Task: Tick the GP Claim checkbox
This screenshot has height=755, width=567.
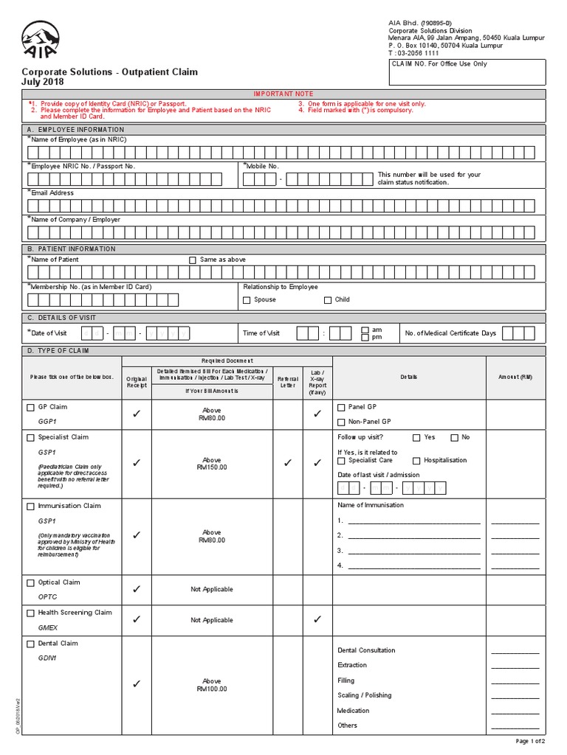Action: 30,407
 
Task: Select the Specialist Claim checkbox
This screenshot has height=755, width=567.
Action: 30,437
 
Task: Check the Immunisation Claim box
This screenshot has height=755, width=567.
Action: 30,507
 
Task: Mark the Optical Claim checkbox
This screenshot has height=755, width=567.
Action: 30,582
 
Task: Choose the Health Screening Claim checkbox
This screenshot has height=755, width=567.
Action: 30,613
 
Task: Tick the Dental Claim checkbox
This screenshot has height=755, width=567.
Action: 30,644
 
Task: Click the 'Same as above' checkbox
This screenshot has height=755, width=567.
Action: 193,260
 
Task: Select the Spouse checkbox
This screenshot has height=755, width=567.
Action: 247,300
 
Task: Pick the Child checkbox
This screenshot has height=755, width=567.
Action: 328,300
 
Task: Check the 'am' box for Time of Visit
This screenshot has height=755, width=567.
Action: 365,330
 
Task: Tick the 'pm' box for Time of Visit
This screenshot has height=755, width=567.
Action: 365,338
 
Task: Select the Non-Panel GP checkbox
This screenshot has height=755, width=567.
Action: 340,422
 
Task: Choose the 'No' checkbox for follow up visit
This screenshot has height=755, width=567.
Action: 454,438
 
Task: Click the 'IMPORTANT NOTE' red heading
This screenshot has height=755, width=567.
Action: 283,94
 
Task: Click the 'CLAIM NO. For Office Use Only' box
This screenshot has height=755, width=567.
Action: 467,72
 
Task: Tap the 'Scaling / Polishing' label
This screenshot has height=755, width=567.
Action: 365,695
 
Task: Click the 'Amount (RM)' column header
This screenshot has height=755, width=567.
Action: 515,377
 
